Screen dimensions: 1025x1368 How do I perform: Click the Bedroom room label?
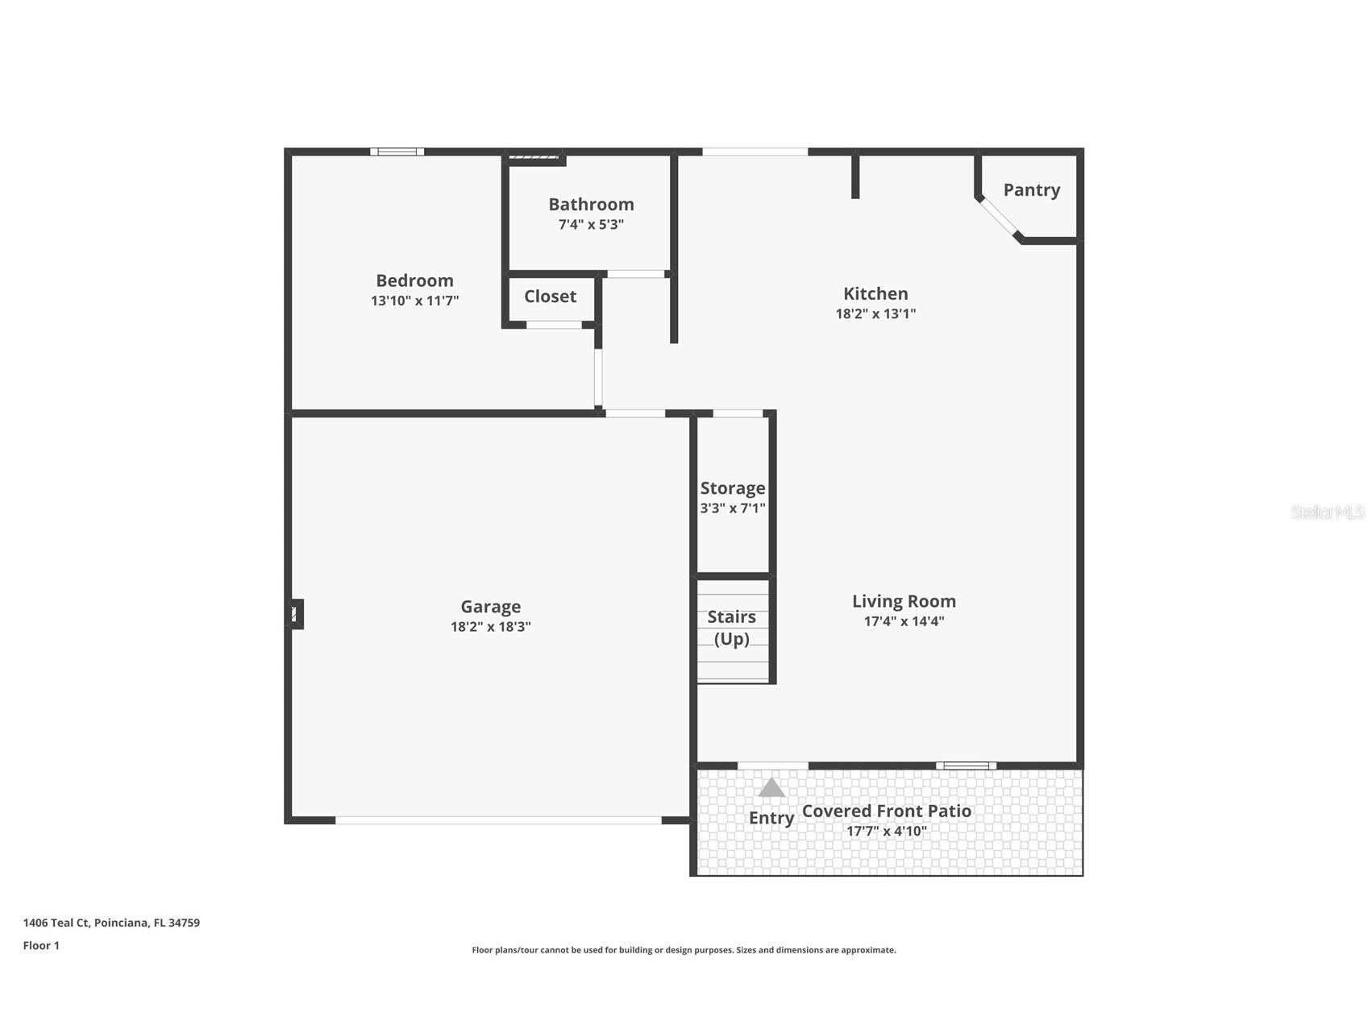pyautogui.click(x=414, y=280)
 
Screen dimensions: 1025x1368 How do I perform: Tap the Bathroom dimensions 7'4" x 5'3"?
pyautogui.click(x=591, y=225)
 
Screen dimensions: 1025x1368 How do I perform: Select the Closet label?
pyautogui.click(x=550, y=297)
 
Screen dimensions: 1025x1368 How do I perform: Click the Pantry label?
pyautogui.click(x=1031, y=190)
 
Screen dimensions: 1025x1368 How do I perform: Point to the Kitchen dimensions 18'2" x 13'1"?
pyautogui.click(x=875, y=314)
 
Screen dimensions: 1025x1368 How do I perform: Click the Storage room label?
pyautogui.click(x=732, y=488)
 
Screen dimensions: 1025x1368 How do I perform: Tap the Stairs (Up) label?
pyautogui.click(x=731, y=628)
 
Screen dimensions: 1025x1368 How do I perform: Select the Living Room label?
pyautogui.click(x=904, y=601)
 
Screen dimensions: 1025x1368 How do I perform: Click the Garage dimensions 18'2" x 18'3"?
pyautogui.click(x=490, y=627)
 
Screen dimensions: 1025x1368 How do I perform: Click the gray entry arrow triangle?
pyautogui.click(x=771, y=788)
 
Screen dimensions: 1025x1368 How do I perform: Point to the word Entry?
pyautogui.click(x=771, y=818)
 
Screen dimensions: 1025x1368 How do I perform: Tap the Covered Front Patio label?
pyautogui.click(x=886, y=811)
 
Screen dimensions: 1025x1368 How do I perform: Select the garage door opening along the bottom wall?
pyautogui.click(x=498, y=820)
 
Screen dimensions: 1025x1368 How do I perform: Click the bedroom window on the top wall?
pyautogui.click(x=397, y=151)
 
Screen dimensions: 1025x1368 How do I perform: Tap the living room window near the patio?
pyautogui.click(x=966, y=766)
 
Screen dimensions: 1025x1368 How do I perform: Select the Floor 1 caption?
pyautogui.click(x=41, y=945)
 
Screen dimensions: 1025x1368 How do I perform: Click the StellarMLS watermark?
pyautogui.click(x=1327, y=512)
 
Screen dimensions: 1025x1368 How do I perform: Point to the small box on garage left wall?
pyautogui.click(x=296, y=614)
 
